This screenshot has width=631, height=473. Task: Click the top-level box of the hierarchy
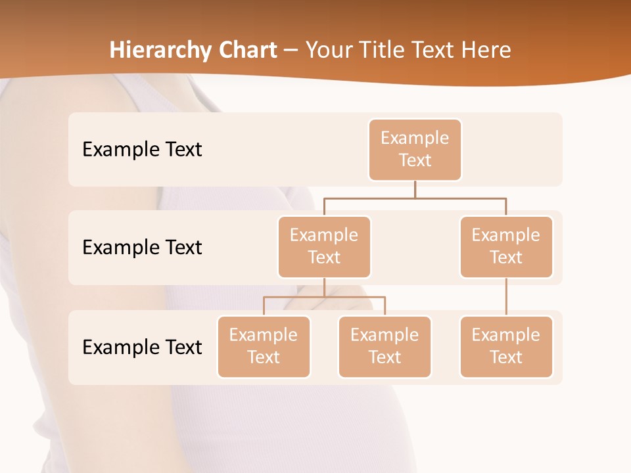click(x=415, y=149)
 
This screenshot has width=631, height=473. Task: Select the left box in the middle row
click(x=324, y=246)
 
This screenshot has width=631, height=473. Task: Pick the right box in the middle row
click(x=506, y=246)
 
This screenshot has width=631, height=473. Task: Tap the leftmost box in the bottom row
click(x=264, y=346)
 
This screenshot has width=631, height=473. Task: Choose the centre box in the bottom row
click(x=385, y=346)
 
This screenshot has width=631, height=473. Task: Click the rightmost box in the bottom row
click(x=506, y=346)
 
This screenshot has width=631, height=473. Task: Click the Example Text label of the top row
click(x=142, y=150)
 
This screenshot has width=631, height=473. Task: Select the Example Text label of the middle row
click(x=142, y=248)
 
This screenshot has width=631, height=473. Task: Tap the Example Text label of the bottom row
click(x=142, y=347)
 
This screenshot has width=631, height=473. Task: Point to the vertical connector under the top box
click(x=415, y=189)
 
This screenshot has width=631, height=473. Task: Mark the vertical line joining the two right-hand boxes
click(x=506, y=297)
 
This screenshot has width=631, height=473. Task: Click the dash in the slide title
click(x=291, y=51)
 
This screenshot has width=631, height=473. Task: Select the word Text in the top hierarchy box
click(x=415, y=160)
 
